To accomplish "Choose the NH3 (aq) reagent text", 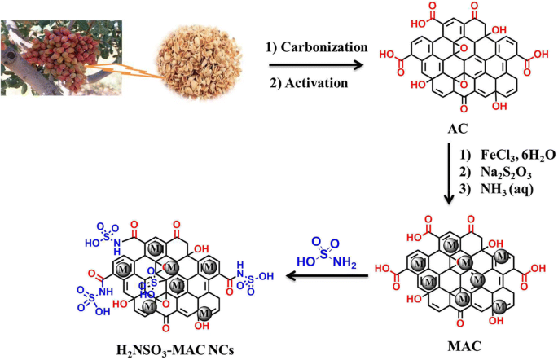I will pos(509,193).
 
